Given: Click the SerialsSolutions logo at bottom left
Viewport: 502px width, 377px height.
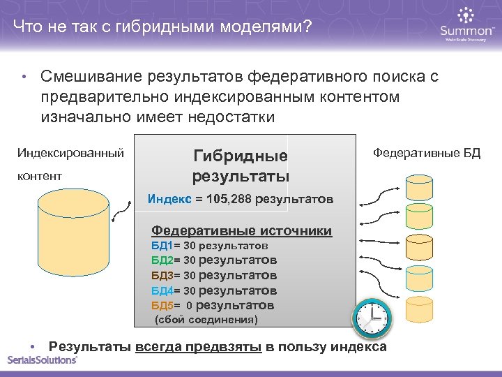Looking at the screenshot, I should pos(42,360).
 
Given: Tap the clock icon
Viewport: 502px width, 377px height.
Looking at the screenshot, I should pos(372,319).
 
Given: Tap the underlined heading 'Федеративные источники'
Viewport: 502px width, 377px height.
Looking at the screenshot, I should pos(241,230).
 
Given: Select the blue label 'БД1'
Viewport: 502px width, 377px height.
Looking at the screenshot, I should pos(161,246).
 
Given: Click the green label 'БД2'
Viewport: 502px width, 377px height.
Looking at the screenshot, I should pos(161,260).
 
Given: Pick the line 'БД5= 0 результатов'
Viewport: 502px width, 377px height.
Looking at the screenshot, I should pos(213,305).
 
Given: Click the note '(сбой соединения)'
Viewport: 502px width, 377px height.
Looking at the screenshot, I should pos(206,320).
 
